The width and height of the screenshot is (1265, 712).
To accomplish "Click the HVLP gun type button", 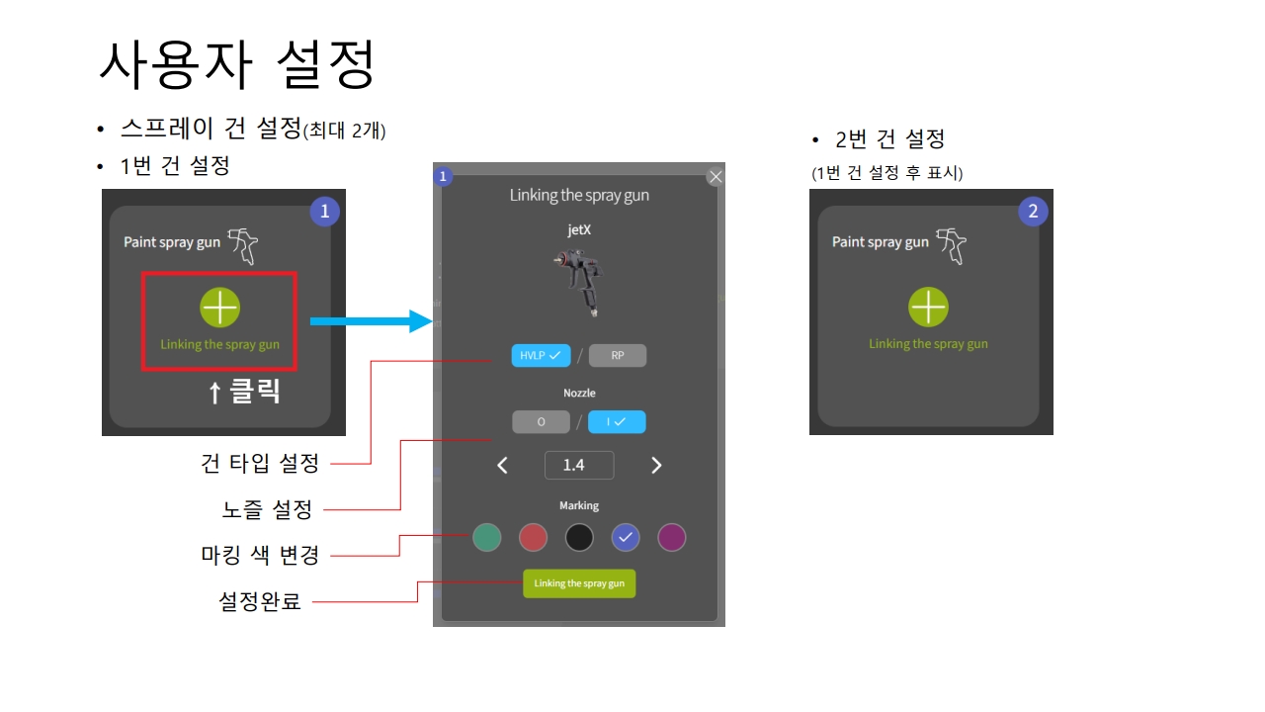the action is [541, 355].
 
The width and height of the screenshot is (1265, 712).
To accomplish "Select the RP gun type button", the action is [618, 355].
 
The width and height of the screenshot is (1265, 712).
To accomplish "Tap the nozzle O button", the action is [541, 422].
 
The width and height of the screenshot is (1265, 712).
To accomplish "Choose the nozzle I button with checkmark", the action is [617, 422].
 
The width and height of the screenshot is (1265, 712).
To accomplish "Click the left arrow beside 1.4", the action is [502, 465].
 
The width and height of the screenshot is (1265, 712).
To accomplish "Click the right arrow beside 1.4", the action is [656, 465].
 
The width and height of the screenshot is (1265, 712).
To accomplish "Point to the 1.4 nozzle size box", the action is [579, 465].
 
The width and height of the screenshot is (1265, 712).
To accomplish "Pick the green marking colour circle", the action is [487, 537].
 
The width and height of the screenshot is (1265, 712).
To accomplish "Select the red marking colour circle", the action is [533, 537].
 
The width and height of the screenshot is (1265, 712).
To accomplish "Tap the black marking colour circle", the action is [579, 537].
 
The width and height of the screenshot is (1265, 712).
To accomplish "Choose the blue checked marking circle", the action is [626, 537].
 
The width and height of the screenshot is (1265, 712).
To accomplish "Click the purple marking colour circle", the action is [672, 537].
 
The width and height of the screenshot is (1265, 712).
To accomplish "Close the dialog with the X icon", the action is [716, 177].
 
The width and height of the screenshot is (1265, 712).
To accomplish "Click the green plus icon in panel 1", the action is [219, 308].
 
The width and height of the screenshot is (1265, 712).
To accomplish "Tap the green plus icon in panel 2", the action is [928, 307].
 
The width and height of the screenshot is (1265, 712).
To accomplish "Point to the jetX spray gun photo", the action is [579, 283].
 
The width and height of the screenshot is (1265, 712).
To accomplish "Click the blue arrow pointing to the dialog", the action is [372, 321].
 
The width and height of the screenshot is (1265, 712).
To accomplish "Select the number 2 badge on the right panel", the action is [1033, 212].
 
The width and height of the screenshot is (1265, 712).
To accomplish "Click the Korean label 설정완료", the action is [259, 601].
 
